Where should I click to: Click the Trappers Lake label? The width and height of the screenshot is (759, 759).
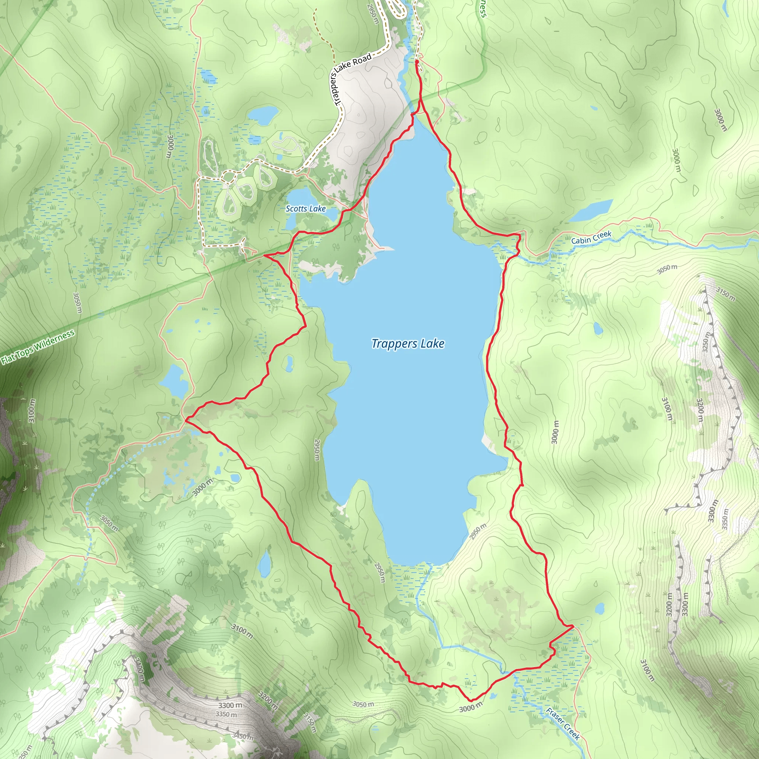(x=408, y=344)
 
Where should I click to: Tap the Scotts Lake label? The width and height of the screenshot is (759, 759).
(x=305, y=209)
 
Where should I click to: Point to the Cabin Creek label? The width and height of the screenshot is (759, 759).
(x=591, y=237)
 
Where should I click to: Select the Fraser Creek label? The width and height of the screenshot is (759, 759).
(x=563, y=724)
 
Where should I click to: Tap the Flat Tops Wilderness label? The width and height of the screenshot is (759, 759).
(x=38, y=347)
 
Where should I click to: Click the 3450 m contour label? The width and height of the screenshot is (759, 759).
(x=242, y=736)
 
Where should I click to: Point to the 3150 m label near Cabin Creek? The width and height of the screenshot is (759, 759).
(x=725, y=294)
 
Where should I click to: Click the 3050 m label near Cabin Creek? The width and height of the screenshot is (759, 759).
(x=667, y=269)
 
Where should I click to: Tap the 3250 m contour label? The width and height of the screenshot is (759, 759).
(x=706, y=342)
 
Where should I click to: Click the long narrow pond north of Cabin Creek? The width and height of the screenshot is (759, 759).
(x=591, y=211)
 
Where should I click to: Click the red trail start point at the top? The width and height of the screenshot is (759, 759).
(x=417, y=61)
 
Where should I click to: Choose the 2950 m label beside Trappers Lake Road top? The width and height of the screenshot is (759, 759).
(x=373, y=14)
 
